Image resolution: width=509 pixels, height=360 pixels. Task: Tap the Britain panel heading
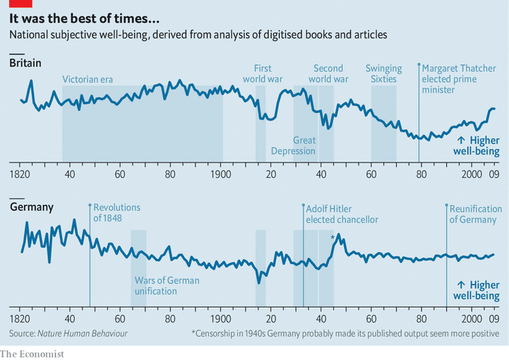(25, 64)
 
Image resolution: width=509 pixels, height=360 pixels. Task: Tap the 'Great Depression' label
(304, 145)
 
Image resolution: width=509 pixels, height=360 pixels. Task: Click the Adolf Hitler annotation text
(341, 213)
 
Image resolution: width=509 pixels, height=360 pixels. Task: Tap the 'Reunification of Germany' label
(473, 213)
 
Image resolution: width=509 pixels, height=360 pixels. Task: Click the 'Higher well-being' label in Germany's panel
(477, 290)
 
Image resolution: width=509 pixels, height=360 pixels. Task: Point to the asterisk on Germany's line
(332, 238)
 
